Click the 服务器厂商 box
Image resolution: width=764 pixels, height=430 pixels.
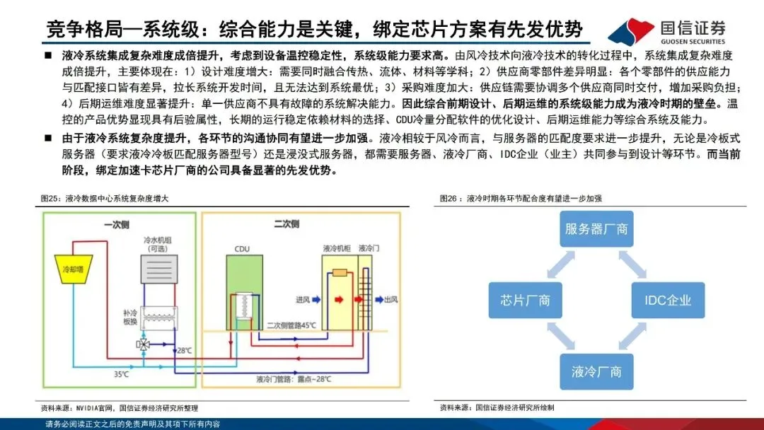[596, 228]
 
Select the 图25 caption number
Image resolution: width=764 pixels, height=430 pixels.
[50, 199]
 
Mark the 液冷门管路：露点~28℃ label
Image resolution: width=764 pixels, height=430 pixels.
[294, 380]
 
